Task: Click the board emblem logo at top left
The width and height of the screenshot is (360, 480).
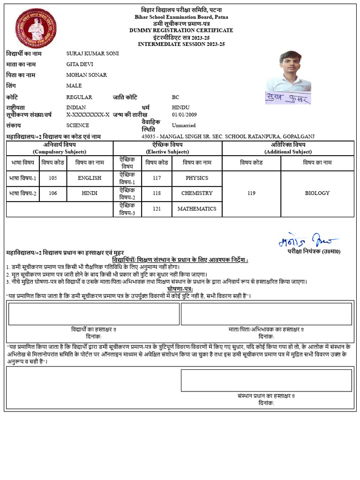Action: pyautogui.click(x=36, y=29)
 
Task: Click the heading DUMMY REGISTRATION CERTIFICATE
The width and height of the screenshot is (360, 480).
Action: pyautogui.click(x=181, y=30)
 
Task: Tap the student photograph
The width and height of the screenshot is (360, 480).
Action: pyautogui.click(x=287, y=70)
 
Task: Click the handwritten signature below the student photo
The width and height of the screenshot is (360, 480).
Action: pyautogui.click(x=287, y=97)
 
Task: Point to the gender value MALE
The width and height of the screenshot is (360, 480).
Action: pyautogui.click(x=74, y=86)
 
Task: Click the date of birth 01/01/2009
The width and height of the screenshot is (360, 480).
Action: pyautogui.click(x=184, y=114)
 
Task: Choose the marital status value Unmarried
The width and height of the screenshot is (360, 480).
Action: pyautogui.click(x=184, y=126)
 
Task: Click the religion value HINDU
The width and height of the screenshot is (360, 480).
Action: pyautogui.click(x=181, y=107)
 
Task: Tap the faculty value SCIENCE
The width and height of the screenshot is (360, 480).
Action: pyautogui.click(x=77, y=125)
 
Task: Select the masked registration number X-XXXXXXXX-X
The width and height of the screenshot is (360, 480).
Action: pyautogui.click(x=88, y=114)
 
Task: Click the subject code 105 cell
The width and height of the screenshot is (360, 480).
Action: pyautogui.click(x=52, y=178)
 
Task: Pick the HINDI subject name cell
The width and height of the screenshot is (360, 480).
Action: pyautogui.click(x=90, y=193)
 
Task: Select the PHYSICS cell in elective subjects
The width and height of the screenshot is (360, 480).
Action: pyautogui.click(x=197, y=178)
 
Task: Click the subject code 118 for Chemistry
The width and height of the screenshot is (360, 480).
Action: pyautogui.click(x=157, y=193)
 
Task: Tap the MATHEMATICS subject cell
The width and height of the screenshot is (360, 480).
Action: pyautogui.click(x=197, y=209)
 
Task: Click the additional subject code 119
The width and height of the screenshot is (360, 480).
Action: pyautogui.click(x=251, y=193)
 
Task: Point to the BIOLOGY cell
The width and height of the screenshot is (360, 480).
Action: pyautogui.click(x=317, y=193)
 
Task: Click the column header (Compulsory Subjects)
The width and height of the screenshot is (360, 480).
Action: pyautogui.click(x=60, y=152)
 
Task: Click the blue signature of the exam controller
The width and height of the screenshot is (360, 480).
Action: pyautogui.click(x=307, y=241)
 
